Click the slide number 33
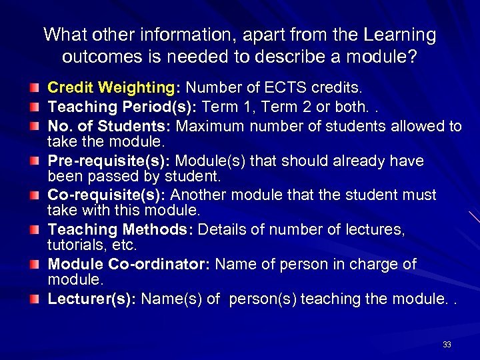pyautogui.click(x=447, y=345)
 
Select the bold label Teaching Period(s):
pyautogui.click(x=122, y=107)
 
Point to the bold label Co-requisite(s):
pyautogui.click(x=107, y=195)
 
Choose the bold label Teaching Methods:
pyautogui.click(x=121, y=230)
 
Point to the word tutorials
pyautogui.click(x=76, y=245)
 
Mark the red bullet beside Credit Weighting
pyautogui.click(x=33, y=88)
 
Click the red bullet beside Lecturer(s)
pyautogui.click(x=33, y=299)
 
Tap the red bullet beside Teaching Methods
pyautogui.click(x=33, y=230)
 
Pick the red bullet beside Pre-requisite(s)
pyautogui.click(x=33, y=161)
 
